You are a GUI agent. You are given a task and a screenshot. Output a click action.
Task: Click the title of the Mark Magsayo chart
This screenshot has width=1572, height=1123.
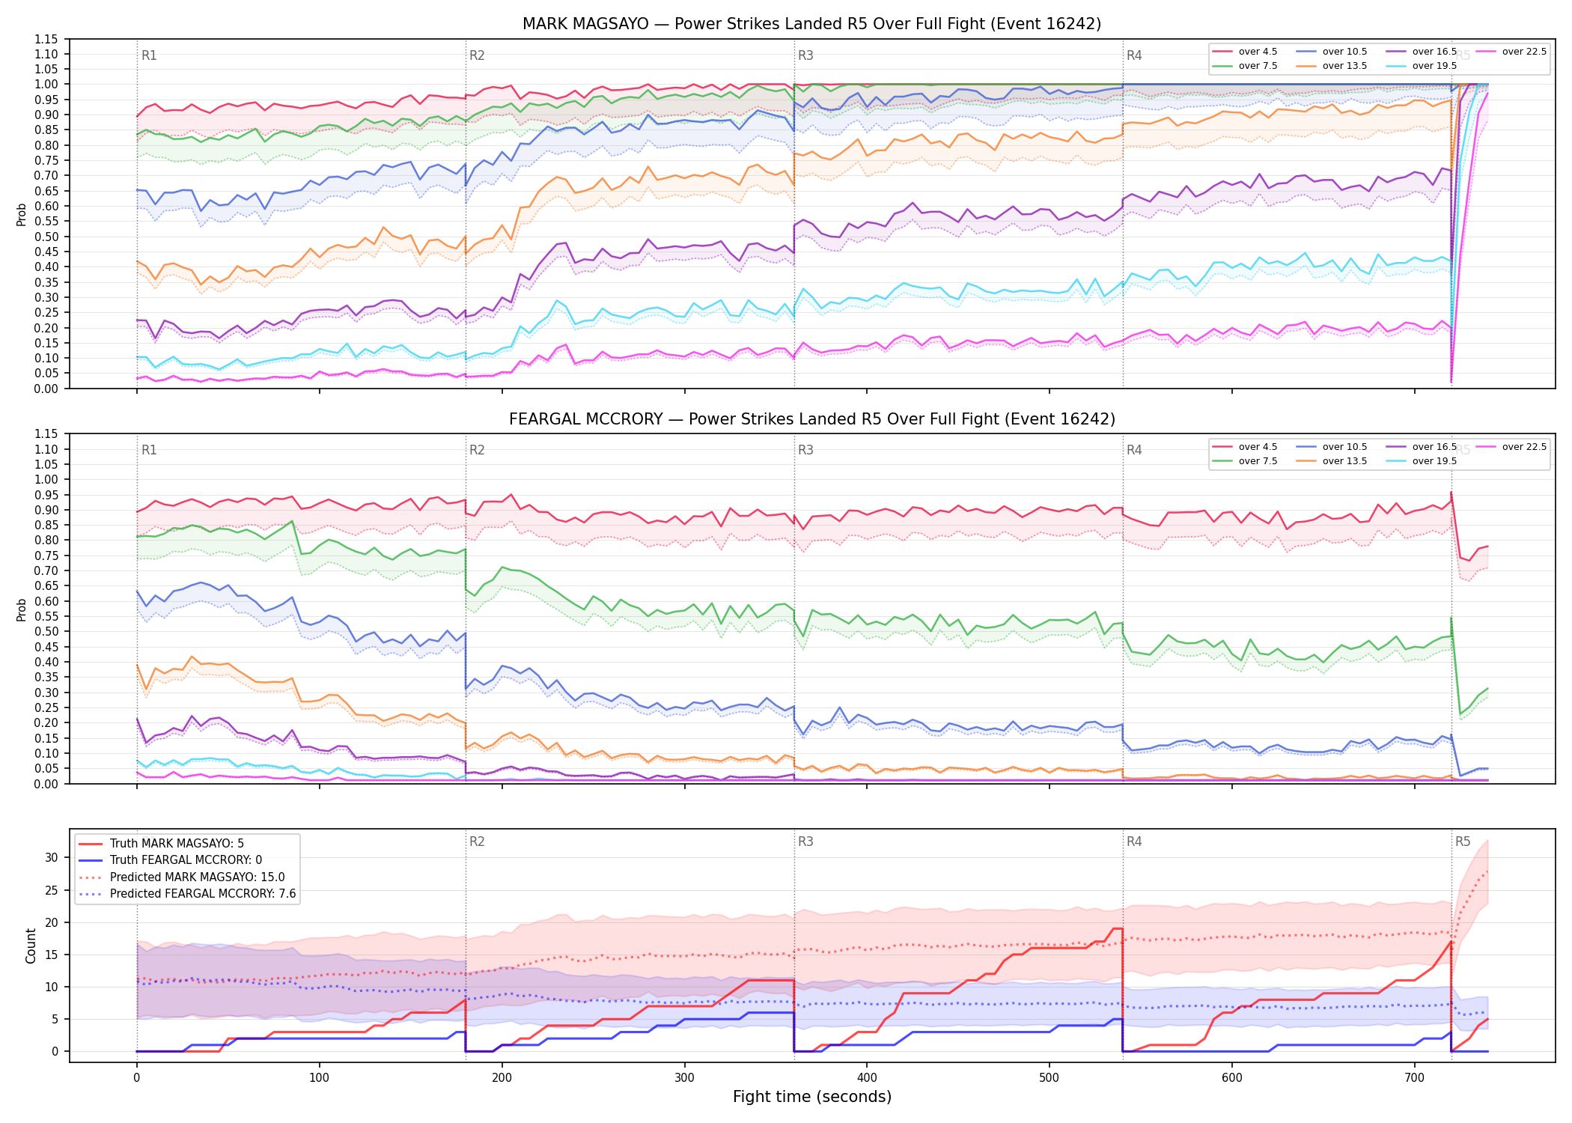[811, 24]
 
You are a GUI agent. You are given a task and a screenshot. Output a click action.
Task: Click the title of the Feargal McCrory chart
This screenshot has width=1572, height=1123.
[811, 419]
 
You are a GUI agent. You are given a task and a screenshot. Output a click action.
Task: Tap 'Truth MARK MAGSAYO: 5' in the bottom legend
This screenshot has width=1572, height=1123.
[177, 844]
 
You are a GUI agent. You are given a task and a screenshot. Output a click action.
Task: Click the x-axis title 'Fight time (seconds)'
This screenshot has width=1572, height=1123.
[812, 1097]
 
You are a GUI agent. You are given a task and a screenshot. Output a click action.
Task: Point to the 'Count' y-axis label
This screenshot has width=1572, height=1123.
[31, 946]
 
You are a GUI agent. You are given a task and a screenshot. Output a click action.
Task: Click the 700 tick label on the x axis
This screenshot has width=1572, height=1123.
[1414, 1078]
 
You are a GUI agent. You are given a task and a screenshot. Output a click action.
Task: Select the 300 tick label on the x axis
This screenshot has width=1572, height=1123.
[684, 1078]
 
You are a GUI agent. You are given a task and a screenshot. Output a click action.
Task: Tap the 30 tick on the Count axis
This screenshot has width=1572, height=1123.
[52, 857]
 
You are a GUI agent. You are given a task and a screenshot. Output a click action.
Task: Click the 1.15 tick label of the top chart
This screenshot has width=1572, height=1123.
[46, 39]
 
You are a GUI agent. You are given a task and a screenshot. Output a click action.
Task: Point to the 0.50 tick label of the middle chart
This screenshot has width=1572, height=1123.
[46, 631]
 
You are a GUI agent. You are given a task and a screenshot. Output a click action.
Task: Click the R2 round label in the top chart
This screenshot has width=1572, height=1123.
[477, 55]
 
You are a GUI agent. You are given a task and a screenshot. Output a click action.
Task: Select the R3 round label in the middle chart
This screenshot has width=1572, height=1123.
[805, 450]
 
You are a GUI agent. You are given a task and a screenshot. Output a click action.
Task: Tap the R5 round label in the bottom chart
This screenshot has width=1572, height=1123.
[1463, 842]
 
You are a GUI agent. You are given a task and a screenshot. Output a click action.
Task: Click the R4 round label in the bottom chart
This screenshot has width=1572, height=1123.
[1134, 842]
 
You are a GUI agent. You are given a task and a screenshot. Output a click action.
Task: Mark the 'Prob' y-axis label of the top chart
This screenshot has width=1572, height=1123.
[22, 215]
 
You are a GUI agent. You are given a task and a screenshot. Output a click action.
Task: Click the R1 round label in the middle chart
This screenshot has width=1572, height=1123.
[149, 450]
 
